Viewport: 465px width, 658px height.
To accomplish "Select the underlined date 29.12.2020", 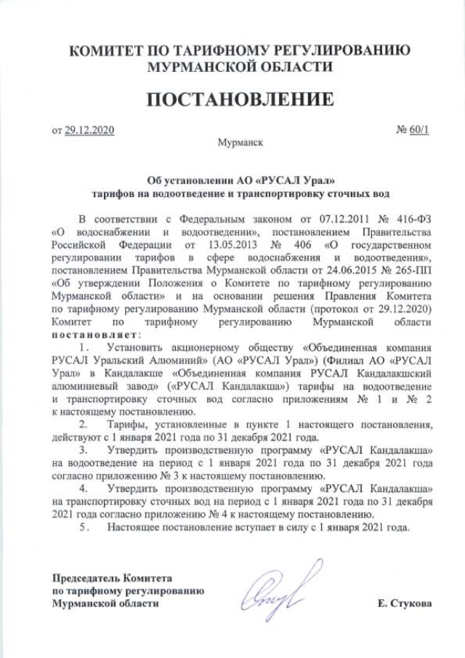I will click(89, 131).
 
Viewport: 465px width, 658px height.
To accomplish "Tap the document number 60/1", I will click(421, 131).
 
